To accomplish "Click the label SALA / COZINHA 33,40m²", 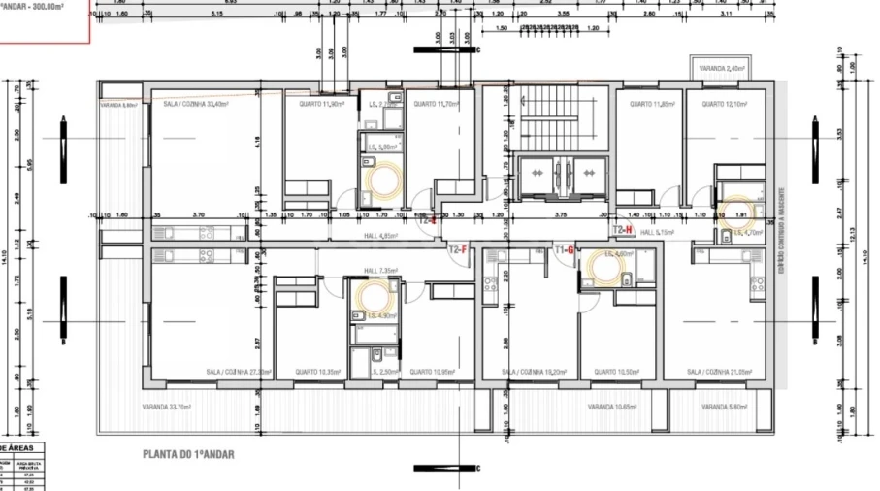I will point(195,103).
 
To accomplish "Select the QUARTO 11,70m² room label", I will point(433,103).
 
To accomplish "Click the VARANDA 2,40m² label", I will point(723,69).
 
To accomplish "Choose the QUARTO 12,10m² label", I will point(724,103).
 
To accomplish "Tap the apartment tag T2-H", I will point(622,229).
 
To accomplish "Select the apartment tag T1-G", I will point(565,250).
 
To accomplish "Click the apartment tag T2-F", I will point(457,249).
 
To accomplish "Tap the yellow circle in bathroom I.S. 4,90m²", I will point(372,295).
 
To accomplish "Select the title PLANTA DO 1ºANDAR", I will point(188,453).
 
